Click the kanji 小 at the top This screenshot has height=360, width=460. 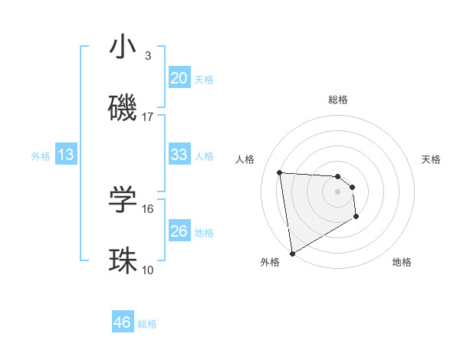click(123, 47)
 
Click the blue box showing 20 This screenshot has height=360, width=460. click(179, 78)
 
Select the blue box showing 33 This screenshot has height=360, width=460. click(179, 155)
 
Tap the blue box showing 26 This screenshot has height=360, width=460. click(179, 231)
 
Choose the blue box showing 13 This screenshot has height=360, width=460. click(66, 155)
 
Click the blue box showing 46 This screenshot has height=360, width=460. click(123, 322)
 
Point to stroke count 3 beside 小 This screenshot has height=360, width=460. click(148, 56)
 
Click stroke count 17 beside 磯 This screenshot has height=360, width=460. click(148, 117)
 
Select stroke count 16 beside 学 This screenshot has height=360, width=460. click(148, 208)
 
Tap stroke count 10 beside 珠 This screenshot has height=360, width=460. click(148, 270)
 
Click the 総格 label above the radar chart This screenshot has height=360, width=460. click(338, 100)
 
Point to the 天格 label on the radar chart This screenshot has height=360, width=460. click(431, 159)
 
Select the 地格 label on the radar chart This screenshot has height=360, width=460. click(402, 262)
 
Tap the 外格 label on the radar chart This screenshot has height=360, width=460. click(270, 262)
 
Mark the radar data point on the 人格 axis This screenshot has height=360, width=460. click(280, 172)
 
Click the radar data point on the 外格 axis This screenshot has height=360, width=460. click(291, 252)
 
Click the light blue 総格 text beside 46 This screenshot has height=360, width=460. click(147, 324)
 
